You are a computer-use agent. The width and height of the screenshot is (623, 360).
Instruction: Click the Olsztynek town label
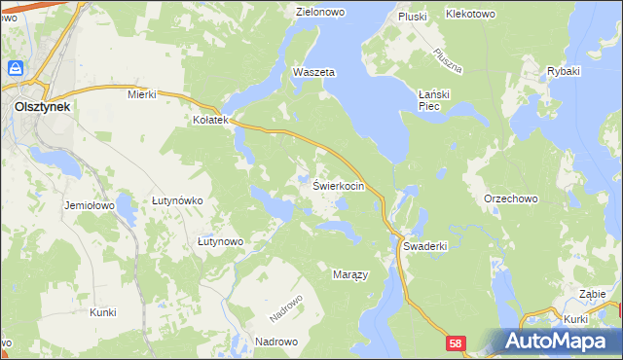coord(35,108)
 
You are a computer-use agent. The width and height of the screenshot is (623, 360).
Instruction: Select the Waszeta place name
coord(314,73)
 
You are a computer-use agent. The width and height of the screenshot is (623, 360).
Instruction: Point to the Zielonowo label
coord(322,13)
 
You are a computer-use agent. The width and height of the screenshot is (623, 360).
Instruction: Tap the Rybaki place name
coord(564,72)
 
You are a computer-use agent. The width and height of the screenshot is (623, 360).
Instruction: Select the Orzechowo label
coord(510,198)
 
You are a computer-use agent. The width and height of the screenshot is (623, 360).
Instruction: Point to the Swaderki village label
coord(424,246)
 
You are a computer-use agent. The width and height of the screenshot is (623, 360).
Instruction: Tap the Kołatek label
coord(210,120)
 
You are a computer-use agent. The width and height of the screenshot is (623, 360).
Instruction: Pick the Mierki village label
coord(142,94)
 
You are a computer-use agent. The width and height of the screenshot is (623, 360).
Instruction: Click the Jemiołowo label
coord(90,206)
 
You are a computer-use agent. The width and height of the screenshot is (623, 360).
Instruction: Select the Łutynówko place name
coord(176,200)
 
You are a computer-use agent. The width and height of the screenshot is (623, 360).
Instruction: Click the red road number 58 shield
coord(458,343)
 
